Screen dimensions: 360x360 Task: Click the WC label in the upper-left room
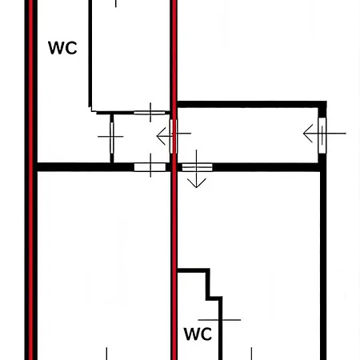pos(62,48)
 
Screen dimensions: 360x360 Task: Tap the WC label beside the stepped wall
pos(198,334)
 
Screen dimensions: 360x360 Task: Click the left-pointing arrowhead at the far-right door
pos(308,133)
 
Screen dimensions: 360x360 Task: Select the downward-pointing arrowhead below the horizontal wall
pos(197,183)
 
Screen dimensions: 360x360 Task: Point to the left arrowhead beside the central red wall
pos(161,136)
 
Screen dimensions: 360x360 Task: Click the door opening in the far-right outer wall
pos(322,135)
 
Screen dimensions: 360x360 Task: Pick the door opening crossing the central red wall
pos(174,136)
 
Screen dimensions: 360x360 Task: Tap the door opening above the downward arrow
pos(197,167)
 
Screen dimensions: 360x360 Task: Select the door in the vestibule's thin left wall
pos(112,138)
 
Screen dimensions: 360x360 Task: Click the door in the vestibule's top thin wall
pos(150,113)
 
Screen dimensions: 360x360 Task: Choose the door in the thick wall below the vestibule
pos(150,167)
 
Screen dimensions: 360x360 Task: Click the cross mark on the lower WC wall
pos(220,320)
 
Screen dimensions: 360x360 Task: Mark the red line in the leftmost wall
pos(30,180)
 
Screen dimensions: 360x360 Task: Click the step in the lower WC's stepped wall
pos(214,297)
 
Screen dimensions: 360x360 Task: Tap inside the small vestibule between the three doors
pos(142,138)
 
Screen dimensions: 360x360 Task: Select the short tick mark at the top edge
pos(116,3)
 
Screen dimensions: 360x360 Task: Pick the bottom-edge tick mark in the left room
pos(106,354)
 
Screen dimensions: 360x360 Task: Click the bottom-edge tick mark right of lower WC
pos(251,354)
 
